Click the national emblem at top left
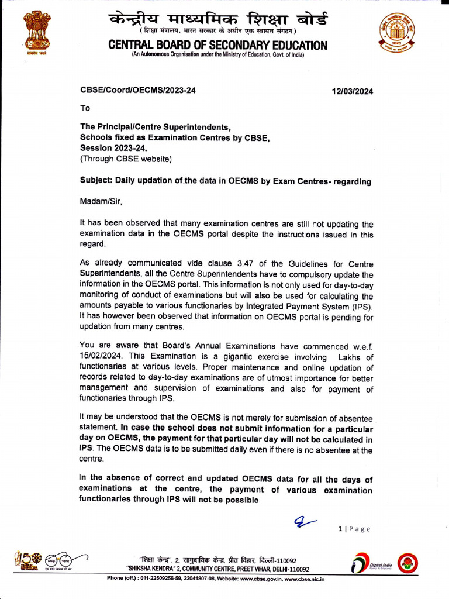36,32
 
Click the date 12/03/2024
352,91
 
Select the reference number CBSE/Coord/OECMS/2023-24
138,91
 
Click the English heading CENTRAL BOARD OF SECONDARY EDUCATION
218,46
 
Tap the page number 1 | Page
354,529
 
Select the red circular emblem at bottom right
407,564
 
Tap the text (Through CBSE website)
126,159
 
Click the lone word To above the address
85,108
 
